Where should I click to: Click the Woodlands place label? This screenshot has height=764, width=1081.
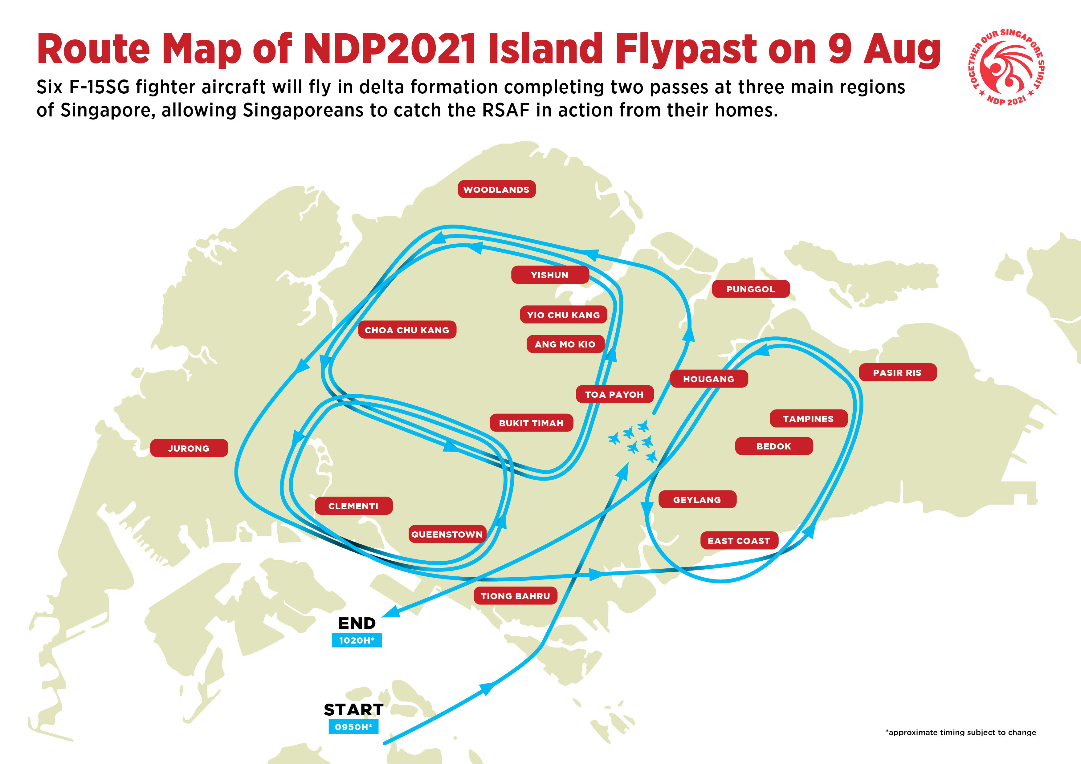click(497, 189)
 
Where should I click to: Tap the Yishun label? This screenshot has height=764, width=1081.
click(550, 275)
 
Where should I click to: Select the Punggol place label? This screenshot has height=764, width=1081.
click(750, 289)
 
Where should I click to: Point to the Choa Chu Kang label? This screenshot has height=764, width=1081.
click(407, 330)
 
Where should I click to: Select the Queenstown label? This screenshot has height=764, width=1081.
click(447, 534)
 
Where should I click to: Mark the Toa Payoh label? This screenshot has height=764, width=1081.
click(614, 394)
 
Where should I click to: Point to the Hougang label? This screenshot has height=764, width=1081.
click(708, 379)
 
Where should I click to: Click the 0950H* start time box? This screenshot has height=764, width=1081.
click(353, 727)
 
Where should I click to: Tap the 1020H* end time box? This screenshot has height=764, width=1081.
click(357, 640)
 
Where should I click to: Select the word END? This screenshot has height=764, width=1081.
click(357, 623)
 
